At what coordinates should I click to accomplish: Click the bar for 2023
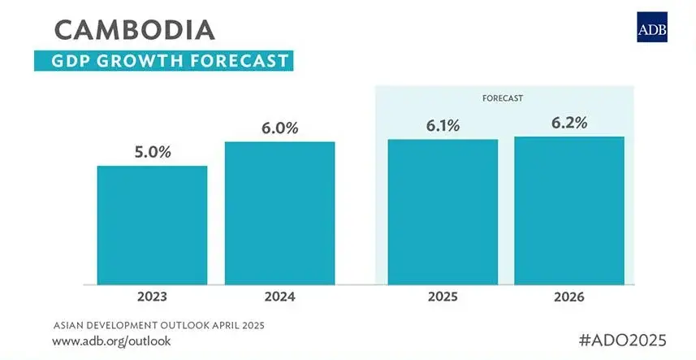pos(152,225)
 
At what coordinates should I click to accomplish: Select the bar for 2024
pos(279,213)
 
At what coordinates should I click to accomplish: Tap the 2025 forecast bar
pos(443,212)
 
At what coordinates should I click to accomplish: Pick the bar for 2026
pos(568,210)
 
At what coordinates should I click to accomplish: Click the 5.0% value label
pos(153,152)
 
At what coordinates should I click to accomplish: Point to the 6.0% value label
pos(279,128)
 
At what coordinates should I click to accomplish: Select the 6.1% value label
pos(443,125)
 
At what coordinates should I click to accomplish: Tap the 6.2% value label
pos(568,123)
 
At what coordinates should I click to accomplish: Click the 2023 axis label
pos(152,297)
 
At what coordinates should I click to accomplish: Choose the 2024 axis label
pos(279,297)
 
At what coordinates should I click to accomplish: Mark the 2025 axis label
pos(443,297)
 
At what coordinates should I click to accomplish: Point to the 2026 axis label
pos(568,297)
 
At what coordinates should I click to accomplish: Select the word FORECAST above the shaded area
pos(500,98)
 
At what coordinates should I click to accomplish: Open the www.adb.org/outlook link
pos(112,340)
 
